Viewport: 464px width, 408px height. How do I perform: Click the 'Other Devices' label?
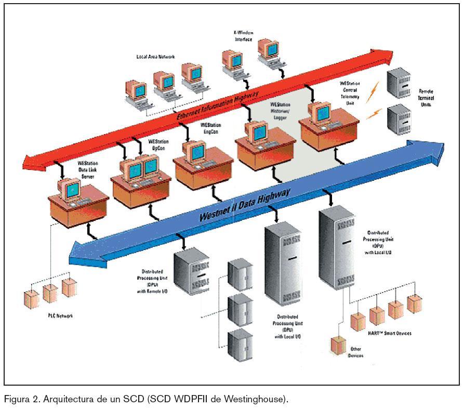tap(356, 352)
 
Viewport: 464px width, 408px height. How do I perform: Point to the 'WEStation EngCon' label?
tap(210, 128)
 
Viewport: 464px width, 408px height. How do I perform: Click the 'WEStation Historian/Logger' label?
tap(280, 111)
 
